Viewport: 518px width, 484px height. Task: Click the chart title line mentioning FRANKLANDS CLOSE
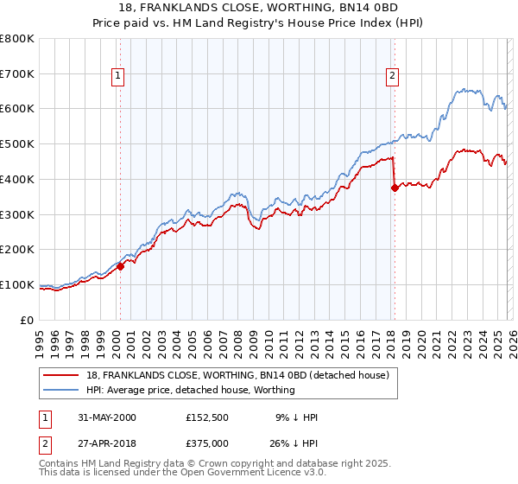[258, 8]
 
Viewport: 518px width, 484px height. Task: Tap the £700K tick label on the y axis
[17, 74]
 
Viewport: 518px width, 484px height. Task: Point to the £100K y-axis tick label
[17, 284]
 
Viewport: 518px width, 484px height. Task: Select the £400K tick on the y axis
[17, 180]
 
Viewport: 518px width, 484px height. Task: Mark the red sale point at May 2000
[121, 266]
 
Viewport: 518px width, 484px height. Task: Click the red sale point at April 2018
[395, 188]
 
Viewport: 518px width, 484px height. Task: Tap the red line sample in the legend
[60, 375]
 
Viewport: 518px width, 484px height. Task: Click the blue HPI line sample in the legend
[60, 390]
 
